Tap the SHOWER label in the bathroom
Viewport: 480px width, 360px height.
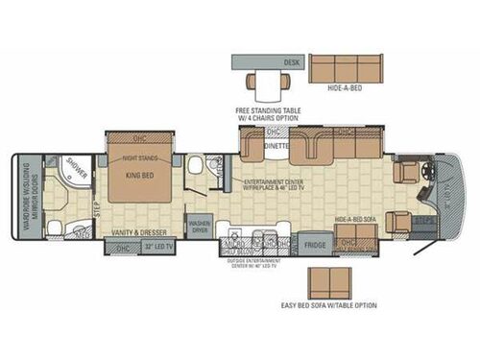pos(77,164)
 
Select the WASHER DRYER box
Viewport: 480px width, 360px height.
pos(200,229)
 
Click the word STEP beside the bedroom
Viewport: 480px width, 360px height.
pos(97,204)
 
